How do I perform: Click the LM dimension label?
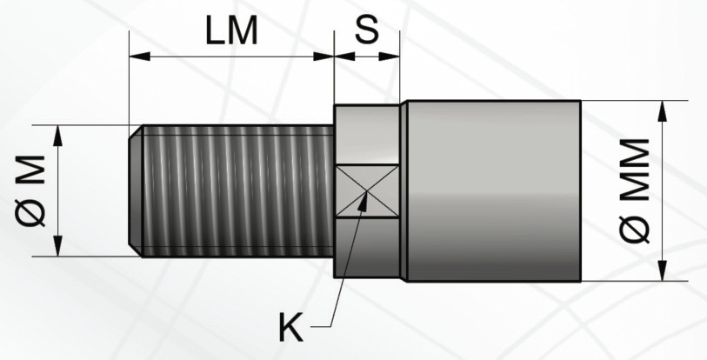tap(231, 30)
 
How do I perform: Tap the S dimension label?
tap(367, 30)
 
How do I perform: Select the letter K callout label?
tap(290, 327)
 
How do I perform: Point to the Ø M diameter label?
tap(30, 190)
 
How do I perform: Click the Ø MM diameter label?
tap(635, 190)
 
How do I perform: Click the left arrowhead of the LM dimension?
tap(139, 57)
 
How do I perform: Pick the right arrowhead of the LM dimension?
tap(323, 57)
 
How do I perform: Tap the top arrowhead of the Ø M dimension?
tap(57, 136)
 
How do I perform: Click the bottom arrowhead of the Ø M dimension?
tap(57, 246)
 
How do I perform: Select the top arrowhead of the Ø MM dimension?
tap(662, 111)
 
